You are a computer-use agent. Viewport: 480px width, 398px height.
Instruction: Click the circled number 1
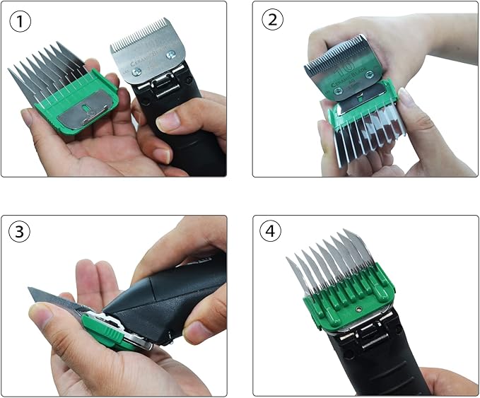[x=21, y=21]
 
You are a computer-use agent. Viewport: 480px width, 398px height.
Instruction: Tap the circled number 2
[x=272, y=21]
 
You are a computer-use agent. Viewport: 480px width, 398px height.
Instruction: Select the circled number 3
[x=21, y=233]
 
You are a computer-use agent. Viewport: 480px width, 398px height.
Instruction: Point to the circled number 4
[x=272, y=233]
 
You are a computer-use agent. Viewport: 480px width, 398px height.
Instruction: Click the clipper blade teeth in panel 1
[x=144, y=35]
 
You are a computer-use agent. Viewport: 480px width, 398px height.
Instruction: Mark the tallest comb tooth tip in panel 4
[x=346, y=233]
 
